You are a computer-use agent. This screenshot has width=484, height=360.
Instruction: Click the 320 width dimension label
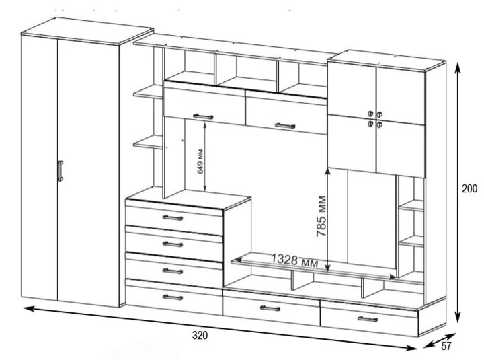click(200, 335)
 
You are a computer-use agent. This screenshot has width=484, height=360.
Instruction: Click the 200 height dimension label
click(469, 188)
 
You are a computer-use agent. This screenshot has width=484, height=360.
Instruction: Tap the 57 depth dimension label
click(446, 347)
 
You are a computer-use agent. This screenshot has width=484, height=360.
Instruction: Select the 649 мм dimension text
click(200, 161)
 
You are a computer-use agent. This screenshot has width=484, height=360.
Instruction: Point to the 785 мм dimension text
click(321, 216)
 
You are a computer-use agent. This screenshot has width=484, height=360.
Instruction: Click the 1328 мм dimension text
click(294, 260)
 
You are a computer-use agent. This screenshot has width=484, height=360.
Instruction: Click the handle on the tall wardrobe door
click(61, 170)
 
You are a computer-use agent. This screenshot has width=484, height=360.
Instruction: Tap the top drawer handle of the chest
click(173, 218)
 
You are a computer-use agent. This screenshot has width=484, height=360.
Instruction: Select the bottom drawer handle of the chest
click(173, 297)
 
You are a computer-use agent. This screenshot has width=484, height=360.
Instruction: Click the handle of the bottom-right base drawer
click(367, 319)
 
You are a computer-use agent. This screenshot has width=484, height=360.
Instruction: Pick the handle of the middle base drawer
click(270, 308)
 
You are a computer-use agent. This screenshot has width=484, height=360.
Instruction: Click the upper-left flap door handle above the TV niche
click(203, 117)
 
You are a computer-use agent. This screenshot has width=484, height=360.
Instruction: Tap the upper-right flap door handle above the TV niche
click(285, 126)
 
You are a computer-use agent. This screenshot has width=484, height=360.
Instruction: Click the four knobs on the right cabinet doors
click(375, 119)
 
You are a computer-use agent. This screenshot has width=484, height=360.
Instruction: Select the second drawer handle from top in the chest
click(173, 244)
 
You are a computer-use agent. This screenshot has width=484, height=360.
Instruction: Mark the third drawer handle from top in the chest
click(173, 271)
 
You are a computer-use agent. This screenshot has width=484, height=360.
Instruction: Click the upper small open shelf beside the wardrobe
click(148, 92)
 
